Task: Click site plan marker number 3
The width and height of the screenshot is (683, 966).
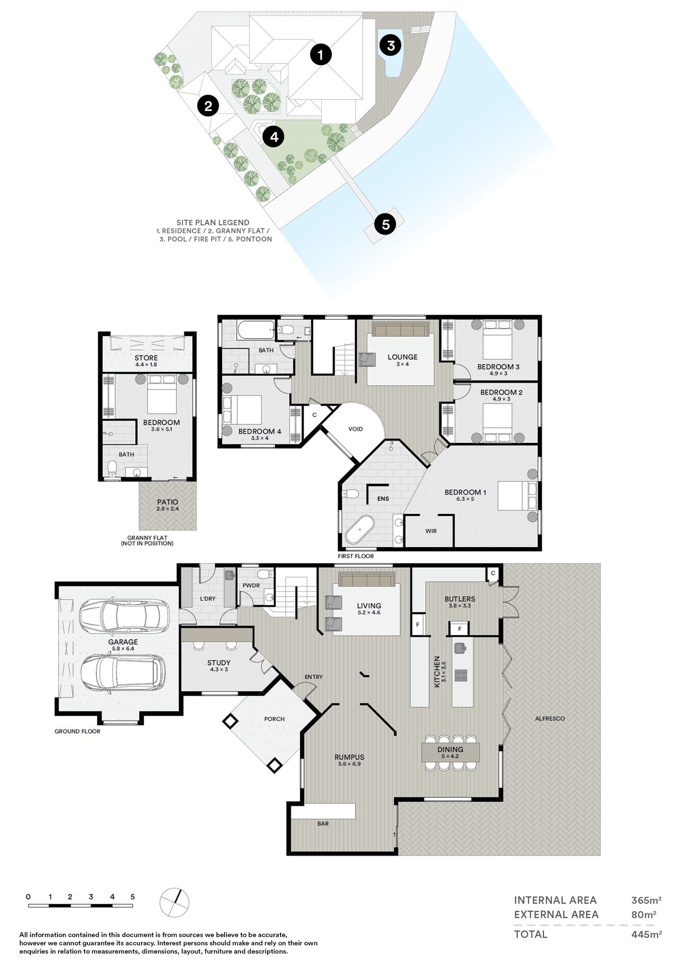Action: click(391, 45)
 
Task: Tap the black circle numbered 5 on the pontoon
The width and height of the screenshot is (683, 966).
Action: click(385, 224)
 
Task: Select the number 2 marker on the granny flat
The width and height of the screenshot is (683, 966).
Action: click(208, 105)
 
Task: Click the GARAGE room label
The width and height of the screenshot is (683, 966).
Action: click(123, 642)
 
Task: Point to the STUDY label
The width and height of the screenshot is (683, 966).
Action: click(219, 663)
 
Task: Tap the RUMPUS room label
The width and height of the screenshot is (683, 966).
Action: click(349, 757)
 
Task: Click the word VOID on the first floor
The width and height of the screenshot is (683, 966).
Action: click(356, 429)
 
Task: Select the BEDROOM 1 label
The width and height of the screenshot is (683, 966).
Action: click(465, 492)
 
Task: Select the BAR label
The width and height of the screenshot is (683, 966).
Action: click(323, 824)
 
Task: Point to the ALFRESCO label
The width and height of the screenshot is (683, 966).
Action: click(550, 718)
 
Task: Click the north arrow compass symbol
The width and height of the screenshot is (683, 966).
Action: click(174, 902)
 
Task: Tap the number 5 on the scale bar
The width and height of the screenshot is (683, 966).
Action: click(132, 897)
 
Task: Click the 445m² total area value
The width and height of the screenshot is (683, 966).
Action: click(646, 934)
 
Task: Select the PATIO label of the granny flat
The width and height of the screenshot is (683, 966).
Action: click(168, 502)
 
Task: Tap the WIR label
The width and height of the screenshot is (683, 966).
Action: click(431, 531)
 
